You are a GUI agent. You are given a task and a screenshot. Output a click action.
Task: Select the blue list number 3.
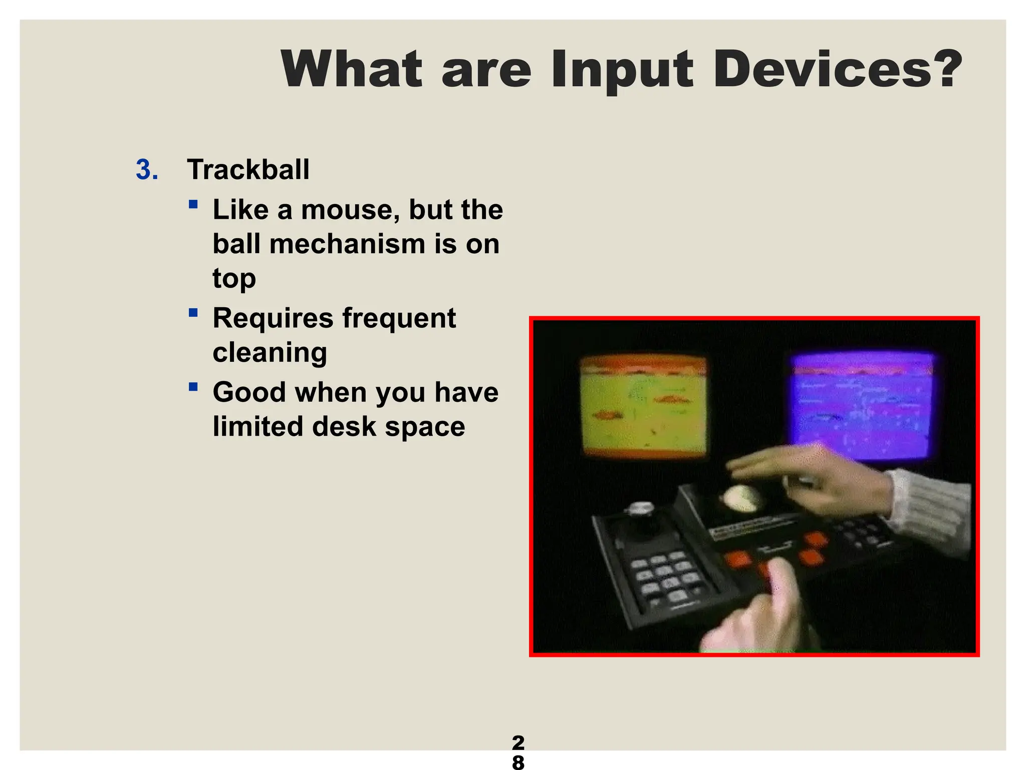(x=147, y=169)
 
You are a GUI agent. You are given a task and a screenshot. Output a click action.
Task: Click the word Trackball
(x=248, y=169)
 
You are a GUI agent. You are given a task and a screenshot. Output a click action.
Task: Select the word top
(x=234, y=279)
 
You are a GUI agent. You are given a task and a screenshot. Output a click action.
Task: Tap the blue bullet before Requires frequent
(x=193, y=313)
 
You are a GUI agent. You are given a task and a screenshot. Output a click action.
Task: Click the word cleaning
(x=270, y=352)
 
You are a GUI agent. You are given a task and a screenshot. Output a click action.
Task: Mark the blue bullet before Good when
(x=193, y=387)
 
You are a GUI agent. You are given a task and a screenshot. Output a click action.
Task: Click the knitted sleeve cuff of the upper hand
(x=931, y=511)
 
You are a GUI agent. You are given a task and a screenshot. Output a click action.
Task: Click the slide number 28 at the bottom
(x=518, y=751)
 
